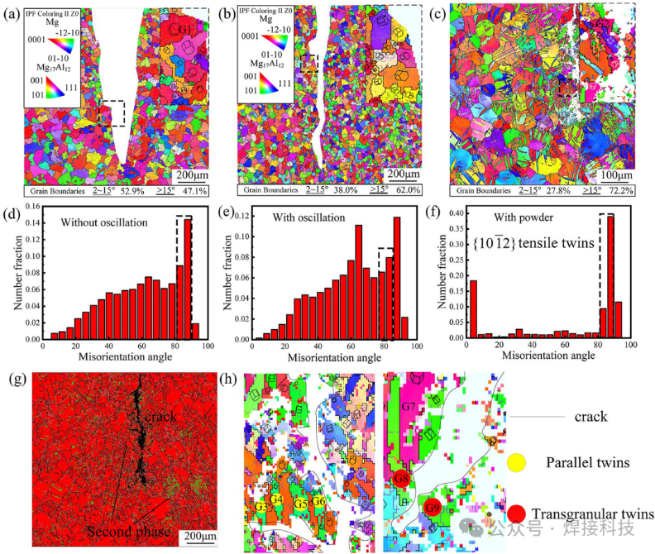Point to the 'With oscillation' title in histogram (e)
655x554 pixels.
coord(315,220)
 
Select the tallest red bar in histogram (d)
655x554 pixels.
coord(188,279)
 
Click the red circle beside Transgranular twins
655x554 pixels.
coord(517,513)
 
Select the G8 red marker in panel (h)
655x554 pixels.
coord(403,478)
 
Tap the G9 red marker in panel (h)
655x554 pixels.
coord(431,507)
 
